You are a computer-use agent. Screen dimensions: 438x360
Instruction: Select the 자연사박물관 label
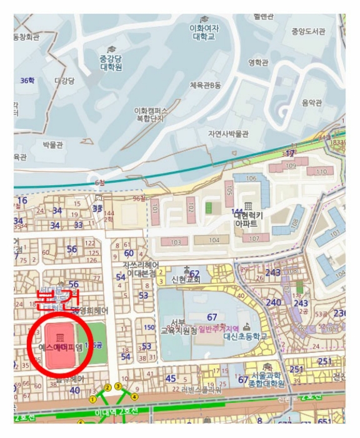coord(228,134)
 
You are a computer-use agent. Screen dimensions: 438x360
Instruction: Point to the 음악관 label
coord(311,103)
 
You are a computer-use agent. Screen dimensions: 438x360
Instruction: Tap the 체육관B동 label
coord(206,85)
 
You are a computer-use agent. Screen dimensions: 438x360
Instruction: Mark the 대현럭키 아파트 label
coord(249,218)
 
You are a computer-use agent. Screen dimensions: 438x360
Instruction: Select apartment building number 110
coord(321,171)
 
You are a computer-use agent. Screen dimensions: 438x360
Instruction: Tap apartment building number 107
coord(254,239)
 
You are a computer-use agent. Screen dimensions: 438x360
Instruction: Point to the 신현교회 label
coord(186,279)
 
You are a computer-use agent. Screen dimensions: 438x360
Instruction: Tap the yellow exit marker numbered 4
coord(134,397)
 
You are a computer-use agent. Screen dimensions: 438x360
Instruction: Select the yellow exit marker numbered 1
coord(93,399)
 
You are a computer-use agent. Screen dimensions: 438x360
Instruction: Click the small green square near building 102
coord(208,207)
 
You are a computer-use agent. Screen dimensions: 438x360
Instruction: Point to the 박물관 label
coord(53,145)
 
